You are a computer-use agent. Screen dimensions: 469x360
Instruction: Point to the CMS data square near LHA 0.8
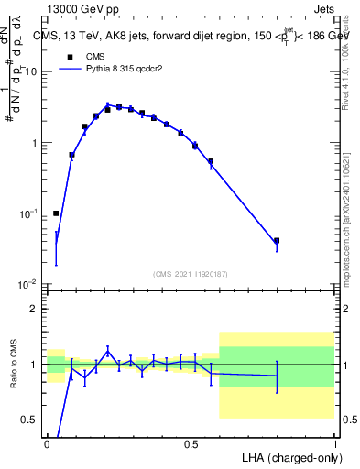(277, 241)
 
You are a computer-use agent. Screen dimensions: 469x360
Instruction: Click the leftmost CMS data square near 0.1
(56, 213)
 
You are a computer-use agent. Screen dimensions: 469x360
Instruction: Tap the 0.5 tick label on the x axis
(191, 443)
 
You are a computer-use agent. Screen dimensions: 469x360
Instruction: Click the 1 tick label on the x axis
(335, 443)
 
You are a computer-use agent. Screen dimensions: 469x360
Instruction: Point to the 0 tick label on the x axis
(48, 443)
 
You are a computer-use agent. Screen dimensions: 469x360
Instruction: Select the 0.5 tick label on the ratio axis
(28, 420)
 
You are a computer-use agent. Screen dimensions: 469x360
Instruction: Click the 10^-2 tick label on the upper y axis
(27, 285)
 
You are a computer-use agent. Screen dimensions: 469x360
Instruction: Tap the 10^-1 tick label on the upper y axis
(27, 214)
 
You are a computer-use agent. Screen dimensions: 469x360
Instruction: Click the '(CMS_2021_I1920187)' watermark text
(191, 273)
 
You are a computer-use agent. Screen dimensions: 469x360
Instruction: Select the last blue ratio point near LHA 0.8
(277, 376)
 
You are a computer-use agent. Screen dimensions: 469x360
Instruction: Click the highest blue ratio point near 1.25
(108, 350)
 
